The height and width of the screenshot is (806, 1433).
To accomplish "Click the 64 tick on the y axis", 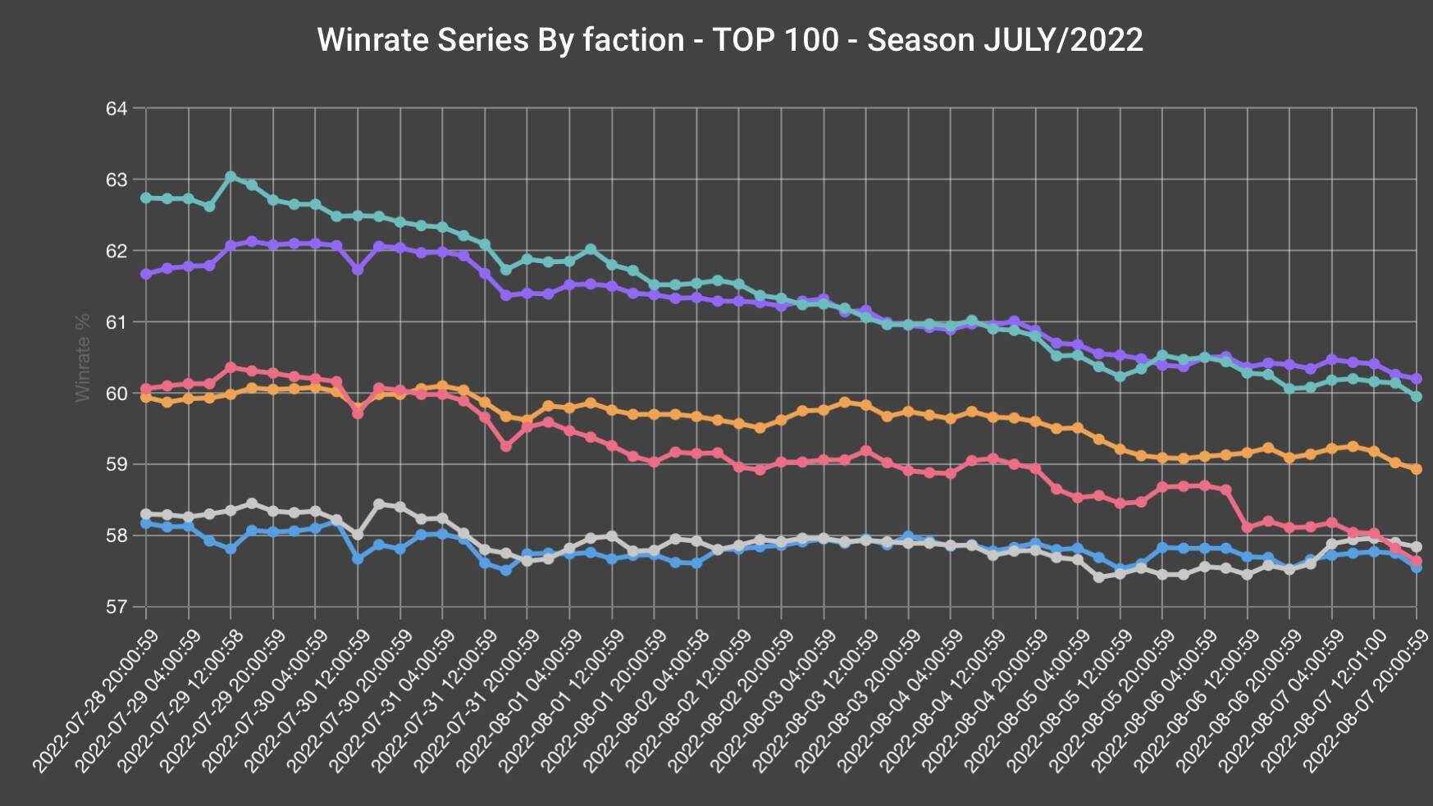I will click(116, 108).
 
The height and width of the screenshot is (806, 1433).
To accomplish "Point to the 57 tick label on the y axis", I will click(116, 607).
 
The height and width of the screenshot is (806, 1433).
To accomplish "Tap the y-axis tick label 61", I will click(116, 322).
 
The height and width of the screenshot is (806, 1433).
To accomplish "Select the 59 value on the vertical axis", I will click(116, 464).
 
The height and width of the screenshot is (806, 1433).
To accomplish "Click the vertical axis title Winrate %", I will click(82, 357).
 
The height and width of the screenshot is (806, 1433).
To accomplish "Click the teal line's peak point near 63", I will click(230, 176).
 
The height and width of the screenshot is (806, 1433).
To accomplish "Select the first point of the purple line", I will click(146, 274).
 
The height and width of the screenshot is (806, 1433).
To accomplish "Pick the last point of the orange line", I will click(1416, 469).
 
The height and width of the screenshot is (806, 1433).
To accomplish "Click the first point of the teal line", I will click(146, 198).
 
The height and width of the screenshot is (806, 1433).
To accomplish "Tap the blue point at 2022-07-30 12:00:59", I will click(358, 558).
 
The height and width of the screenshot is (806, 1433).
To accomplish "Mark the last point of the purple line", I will click(1416, 379).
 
